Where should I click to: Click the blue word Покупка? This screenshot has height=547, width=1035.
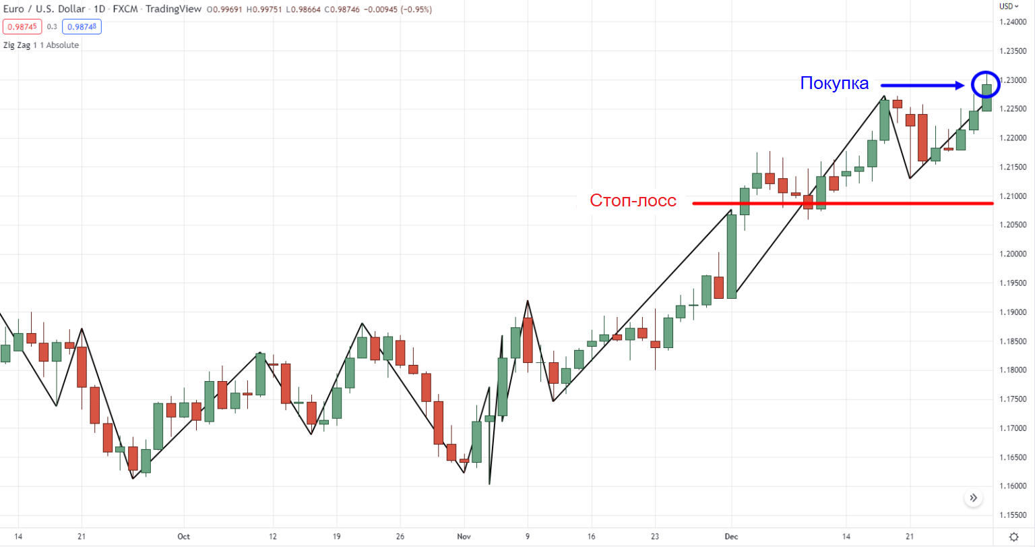click(834, 84)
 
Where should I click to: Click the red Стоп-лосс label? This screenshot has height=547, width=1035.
click(633, 200)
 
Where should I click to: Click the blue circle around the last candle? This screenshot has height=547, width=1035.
click(986, 84)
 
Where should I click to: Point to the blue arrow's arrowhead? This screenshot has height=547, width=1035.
click(962, 85)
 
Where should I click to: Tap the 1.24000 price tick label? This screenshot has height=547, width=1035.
click(1013, 22)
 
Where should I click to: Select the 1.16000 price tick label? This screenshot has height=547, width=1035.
click(1013, 486)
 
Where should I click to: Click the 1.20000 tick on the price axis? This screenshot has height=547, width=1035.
click(1013, 254)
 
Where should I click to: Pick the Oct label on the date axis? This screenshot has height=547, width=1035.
click(183, 537)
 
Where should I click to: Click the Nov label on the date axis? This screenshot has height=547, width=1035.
click(464, 537)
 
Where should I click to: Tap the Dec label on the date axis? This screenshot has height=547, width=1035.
click(731, 537)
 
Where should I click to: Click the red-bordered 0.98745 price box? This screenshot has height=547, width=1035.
click(22, 27)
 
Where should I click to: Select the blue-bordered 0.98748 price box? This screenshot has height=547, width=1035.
click(82, 27)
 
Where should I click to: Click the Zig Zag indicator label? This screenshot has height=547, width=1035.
click(41, 45)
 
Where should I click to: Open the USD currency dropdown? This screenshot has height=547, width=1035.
click(1009, 7)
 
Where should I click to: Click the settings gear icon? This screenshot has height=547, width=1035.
click(1014, 537)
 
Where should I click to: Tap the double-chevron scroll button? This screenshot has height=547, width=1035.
click(973, 498)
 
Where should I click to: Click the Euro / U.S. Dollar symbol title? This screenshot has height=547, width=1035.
click(44, 9)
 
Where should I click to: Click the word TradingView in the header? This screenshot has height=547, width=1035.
click(172, 9)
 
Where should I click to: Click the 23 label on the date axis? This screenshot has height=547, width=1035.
click(655, 537)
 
